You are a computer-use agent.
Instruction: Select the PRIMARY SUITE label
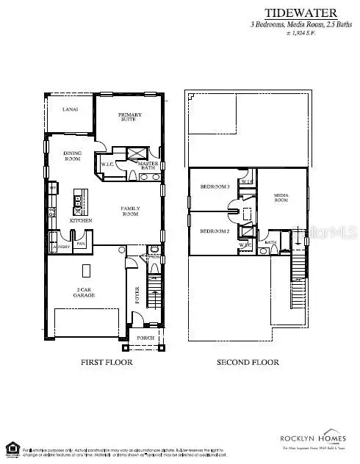pyautogui.click(x=131, y=118)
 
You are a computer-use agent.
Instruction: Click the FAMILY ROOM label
pyautogui.click(x=130, y=211)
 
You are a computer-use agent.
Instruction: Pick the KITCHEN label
pyautogui.click(x=80, y=220)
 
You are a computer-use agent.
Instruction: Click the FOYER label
pyautogui.click(x=137, y=294)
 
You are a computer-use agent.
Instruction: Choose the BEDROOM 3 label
pyautogui.click(x=215, y=186)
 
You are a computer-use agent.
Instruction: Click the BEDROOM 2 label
pyautogui.click(x=215, y=231)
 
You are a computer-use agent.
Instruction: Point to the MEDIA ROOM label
pyautogui.click(x=281, y=197)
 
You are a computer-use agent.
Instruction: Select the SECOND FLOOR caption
pyautogui.click(x=248, y=363)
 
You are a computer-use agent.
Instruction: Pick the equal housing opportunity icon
pyautogui.click(x=12, y=447)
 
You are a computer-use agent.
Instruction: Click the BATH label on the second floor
pyautogui.click(x=270, y=242)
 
